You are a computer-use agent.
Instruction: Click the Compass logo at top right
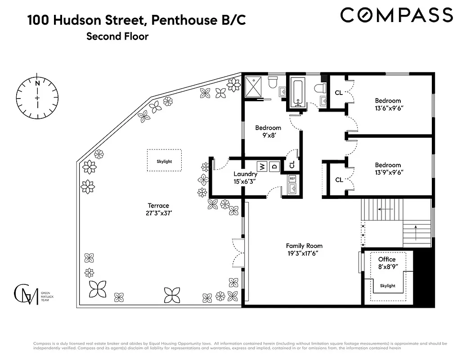pos(396,15)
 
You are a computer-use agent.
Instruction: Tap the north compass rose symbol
pos(37,98)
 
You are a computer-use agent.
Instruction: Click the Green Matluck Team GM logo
pos(26,295)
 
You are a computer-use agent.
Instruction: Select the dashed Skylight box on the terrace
pos(164,161)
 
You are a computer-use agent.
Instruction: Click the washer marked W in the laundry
pos(262,167)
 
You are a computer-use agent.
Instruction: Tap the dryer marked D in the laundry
pos(274,167)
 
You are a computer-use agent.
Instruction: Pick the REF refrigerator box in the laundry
pos(292,178)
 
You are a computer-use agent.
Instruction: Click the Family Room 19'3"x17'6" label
pos(305,249)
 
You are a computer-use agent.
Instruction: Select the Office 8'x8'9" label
pos(387,263)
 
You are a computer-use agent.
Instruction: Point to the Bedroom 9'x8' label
pos(268,131)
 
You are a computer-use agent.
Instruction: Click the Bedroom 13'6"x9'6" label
pos(388,104)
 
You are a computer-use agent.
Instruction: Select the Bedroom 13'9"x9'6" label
pos(388,169)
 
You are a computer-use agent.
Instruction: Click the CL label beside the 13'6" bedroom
pos(339,93)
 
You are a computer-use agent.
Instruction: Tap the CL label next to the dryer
pos(292,165)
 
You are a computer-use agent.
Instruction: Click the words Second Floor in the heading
pos(117,36)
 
